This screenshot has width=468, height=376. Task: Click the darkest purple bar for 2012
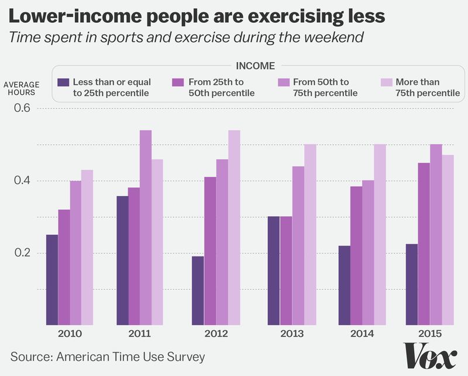tap(198, 290)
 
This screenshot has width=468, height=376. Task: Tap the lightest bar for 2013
tap(310, 234)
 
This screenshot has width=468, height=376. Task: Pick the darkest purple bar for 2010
tap(52, 279)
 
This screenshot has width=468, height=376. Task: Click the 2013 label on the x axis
tap(292, 334)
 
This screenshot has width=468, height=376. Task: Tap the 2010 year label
tap(70, 334)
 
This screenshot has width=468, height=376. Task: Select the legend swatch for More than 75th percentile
tap(386, 82)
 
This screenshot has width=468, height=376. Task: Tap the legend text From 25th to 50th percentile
tap(221, 87)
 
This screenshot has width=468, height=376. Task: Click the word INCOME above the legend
tap(254, 66)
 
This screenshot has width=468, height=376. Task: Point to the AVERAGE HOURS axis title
tap(22, 88)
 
